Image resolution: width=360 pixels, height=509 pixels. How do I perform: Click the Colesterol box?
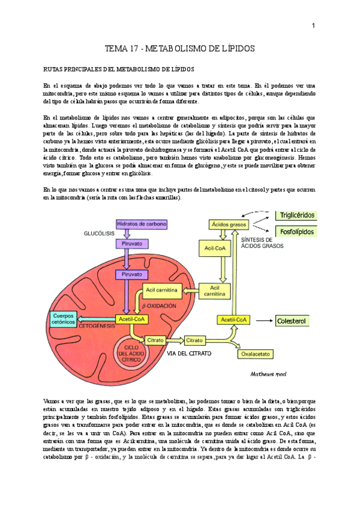[x=292, y=322]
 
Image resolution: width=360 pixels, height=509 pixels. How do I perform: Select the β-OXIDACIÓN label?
[x=160, y=306]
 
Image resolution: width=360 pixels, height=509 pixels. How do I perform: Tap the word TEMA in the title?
[x=118, y=48]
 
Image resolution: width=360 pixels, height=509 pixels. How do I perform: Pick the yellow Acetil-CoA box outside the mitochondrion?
[x=235, y=320]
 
